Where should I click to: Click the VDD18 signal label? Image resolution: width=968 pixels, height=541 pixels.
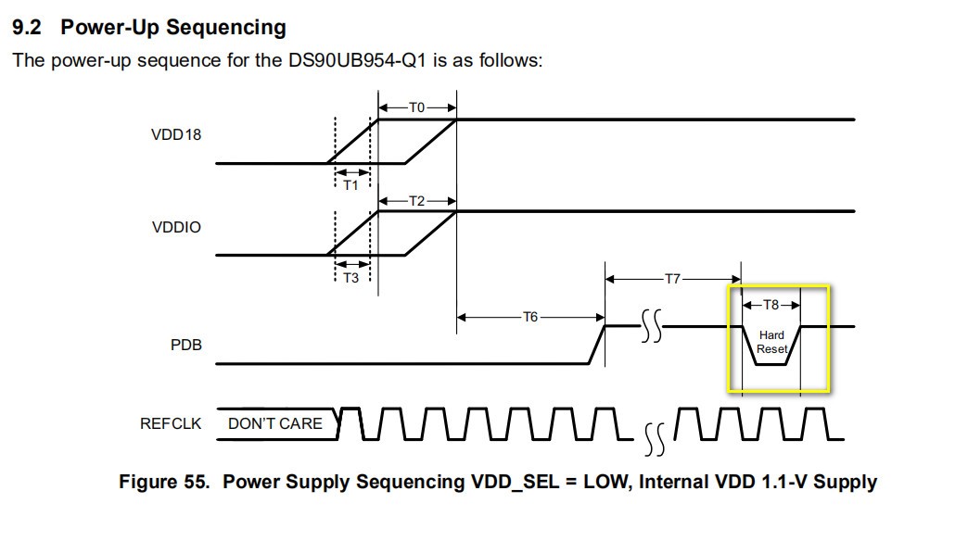pyautogui.click(x=176, y=134)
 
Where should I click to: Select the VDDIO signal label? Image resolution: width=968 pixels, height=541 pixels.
pyautogui.click(x=176, y=226)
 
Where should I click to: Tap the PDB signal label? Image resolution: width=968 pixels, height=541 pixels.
pyautogui.click(x=185, y=345)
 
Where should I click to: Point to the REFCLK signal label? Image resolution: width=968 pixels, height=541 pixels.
pyautogui.click(x=171, y=423)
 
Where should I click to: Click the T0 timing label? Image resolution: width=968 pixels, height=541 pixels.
pyautogui.click(x=417, y=107)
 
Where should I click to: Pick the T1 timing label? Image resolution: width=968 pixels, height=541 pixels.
pyautogui.click(x=350, y=185)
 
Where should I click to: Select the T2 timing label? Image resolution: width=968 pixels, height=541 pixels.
pyautogui.click(x=417, y=200)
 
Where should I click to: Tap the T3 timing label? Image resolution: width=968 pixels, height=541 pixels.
pyautogui.click(x=350, y=278)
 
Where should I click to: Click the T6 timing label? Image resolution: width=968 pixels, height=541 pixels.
pyautogui.click(x=529, y=317)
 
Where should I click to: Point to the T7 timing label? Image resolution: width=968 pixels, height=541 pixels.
pyautogui.click(x=673, y=277)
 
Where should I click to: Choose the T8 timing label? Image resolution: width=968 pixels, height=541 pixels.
pyautogui.click(x=771, y=304)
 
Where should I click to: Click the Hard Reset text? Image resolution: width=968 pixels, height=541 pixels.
pyautogui.click(x=771, y=342)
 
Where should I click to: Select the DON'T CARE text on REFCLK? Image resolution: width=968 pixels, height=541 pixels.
pyautogui.click(x=275, y=423)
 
